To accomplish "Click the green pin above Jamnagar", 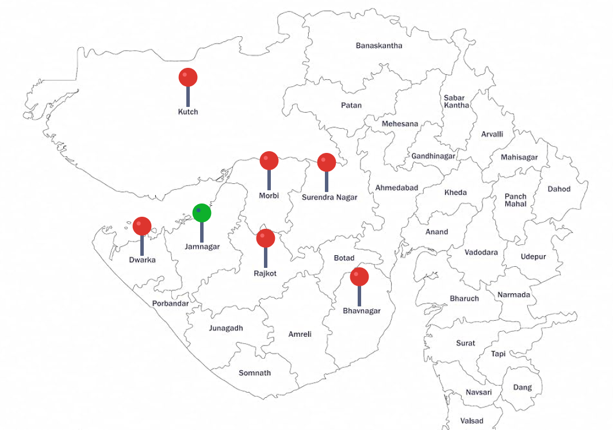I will point(201,213).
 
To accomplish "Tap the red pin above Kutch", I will point(188,77).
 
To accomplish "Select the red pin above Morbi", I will point(269,161).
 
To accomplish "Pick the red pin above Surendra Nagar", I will point(327,163).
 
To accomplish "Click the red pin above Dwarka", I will point(142,226).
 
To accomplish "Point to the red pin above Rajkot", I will point(266,238).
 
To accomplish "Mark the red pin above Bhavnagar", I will point(359,277).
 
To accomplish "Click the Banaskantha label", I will point(379,45).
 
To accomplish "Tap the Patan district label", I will point(351,105).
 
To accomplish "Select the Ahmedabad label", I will point(397,188).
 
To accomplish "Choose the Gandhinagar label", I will point(433,156).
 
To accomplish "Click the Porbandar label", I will point(170,304).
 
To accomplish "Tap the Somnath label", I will point(255,373).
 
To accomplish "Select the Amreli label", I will point(300,334).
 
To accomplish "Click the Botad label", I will point(344,258).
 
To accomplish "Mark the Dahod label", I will point(559,189).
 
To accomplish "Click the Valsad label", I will point(472,421).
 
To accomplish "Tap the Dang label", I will point(523,387).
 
